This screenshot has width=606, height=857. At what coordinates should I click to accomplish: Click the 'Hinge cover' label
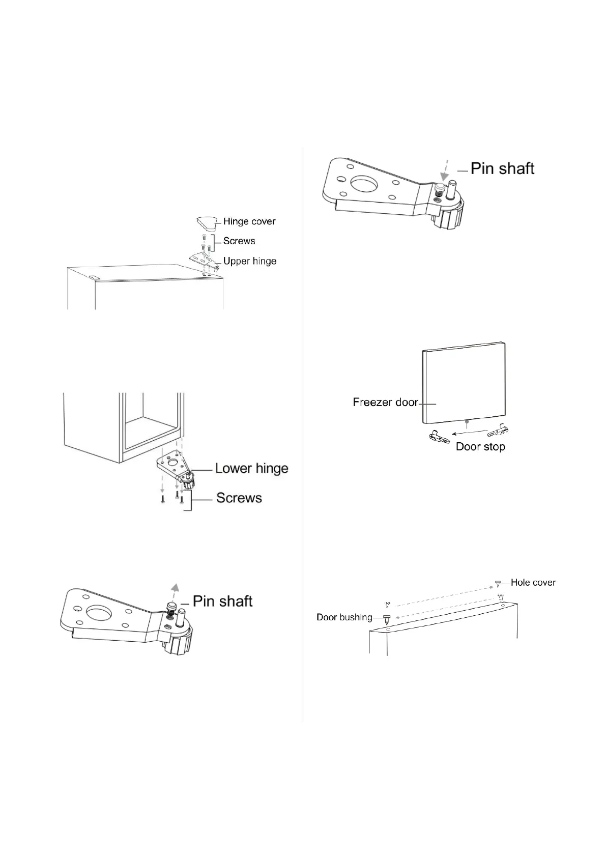(x=249, y=221)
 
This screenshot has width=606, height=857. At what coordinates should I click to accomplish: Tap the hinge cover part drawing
(x=209, y=222)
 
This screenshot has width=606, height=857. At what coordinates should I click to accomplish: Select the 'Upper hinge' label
(x=250, y=261)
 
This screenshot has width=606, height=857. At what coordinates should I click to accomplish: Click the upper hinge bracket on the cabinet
(x=206, y=260)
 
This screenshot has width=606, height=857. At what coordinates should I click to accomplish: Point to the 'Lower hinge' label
(x=251, y=468)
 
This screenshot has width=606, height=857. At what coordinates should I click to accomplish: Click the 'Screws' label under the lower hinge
(x=239, y=498)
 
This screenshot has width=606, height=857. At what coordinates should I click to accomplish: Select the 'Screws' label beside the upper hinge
(x=239, y=241)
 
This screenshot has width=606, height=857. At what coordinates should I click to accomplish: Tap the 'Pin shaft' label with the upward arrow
(x=222, y=601)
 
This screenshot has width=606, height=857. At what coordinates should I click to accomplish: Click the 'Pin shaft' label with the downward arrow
(x=502, y=168)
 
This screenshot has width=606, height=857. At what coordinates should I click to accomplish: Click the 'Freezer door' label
(x=385, y=403)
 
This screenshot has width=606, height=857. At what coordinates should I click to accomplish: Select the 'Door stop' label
(x=480, y=447)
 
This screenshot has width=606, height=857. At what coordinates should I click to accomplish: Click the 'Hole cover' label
(x=533, y=582)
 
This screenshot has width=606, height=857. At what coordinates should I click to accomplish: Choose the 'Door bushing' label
(x=344, y=617)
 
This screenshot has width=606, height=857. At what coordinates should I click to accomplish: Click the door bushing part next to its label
(x=387, y=619)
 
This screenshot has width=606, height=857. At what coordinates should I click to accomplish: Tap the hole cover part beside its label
(x=499, y=583)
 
